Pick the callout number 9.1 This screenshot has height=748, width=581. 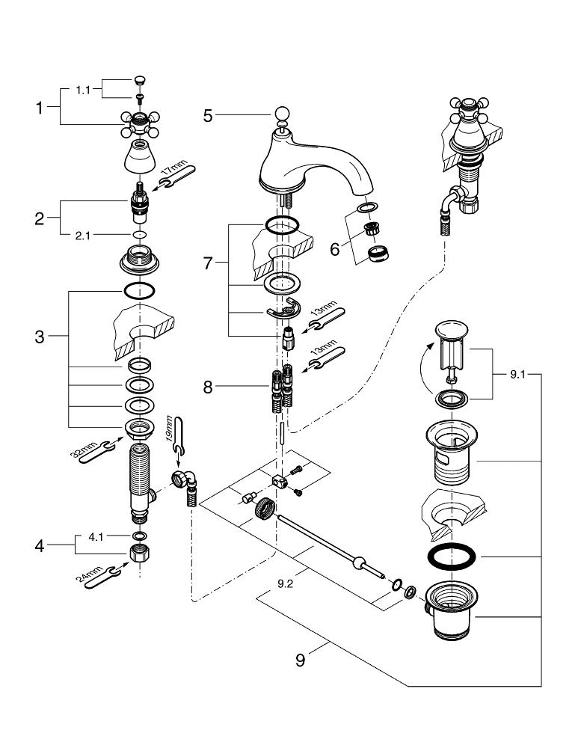pos(517,375)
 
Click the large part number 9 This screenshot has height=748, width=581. pos(300,659)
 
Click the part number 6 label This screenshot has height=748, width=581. pos(336,248)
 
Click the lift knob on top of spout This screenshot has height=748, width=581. pos(282,114)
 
